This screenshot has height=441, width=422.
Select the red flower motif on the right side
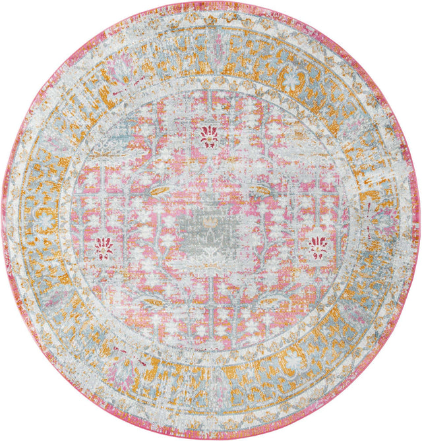317,247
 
